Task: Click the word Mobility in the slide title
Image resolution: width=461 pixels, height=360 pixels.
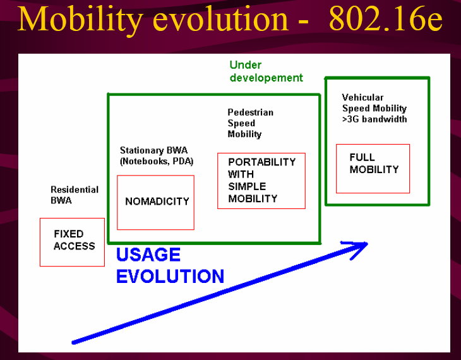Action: pos(80,20)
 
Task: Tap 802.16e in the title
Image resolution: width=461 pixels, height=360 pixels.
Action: pos(385,19)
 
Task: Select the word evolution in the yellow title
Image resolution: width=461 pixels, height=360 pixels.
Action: pos(220,20)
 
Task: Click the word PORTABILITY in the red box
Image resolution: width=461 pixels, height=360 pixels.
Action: pos(261,162)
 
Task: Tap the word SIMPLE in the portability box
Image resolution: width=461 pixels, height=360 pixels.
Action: pos(247,186)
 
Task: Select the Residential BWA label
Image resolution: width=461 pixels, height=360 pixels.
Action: pos(75,195)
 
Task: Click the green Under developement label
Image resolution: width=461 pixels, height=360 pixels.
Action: pos(266,71)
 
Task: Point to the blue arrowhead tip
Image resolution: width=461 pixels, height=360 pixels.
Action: pos(367,243)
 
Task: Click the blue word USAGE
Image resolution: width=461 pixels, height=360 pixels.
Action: pos(148,255)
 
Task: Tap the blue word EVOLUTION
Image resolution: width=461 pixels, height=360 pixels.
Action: pos(170,277)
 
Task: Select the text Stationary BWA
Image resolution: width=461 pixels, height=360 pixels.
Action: pos(153,150)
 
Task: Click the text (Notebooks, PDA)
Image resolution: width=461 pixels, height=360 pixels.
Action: pos(157,161)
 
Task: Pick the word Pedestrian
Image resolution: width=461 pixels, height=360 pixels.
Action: pos(251,112)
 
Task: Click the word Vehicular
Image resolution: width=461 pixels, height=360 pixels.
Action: pos(362,97)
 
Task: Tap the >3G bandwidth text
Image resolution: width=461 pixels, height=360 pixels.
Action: pos(374,119)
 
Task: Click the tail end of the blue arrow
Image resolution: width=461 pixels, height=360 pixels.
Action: pos(73,342)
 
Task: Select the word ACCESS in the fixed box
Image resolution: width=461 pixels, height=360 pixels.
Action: pos(75,246)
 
